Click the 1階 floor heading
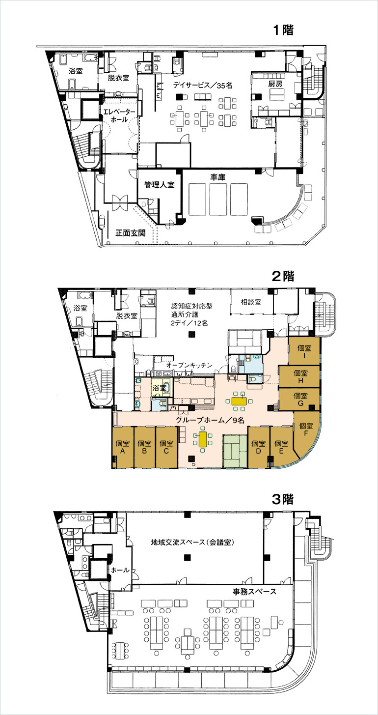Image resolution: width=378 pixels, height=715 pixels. (x=283, y=29)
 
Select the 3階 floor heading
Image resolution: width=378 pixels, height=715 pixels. (x=283, y=499)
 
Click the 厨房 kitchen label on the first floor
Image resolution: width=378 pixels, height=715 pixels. (x=275, y=85)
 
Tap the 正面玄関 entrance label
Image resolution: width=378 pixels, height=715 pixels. (x=130, y=233)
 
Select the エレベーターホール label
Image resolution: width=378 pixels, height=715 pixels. (x=118, y=116)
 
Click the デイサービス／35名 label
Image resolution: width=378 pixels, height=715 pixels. (x=202, y=85)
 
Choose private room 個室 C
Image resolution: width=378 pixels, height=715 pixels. (x=166, y=448)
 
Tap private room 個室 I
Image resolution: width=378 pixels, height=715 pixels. (x=304, y=351)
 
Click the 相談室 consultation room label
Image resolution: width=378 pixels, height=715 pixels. (x=251, y=301)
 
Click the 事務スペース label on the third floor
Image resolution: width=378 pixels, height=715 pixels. (x=254, y=591)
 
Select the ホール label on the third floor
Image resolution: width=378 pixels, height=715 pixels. (x=121, y=570)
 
